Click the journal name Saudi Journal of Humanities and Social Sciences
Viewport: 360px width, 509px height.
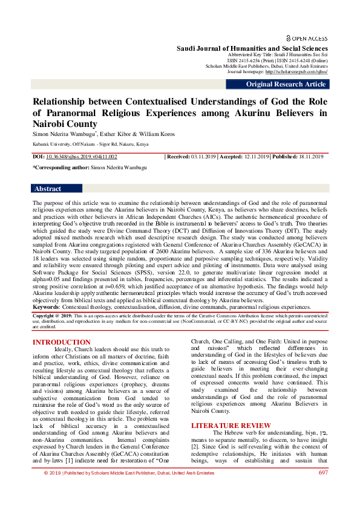tap(252, 48)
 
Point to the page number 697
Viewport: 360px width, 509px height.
tap(323, 490)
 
